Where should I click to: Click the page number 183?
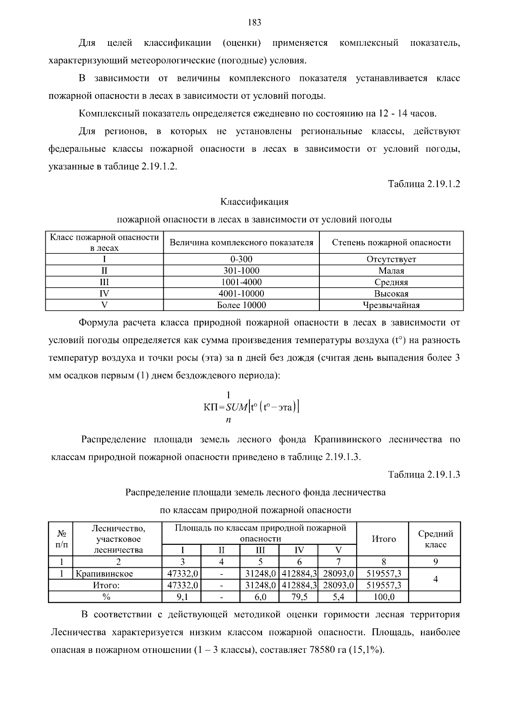254,23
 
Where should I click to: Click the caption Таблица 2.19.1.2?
424,184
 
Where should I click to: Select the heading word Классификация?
254,202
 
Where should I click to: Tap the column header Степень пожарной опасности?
391,242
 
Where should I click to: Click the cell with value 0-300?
241,259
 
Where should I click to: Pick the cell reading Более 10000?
241,305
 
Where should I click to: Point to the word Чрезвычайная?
391,305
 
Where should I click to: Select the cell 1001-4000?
241,282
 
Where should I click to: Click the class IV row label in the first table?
104,294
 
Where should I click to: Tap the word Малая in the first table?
391,271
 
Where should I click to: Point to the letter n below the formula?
228,420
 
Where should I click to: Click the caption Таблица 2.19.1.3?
424,475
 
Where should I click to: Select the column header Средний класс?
435,539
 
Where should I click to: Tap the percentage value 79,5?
299,597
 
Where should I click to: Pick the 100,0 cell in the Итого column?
383,597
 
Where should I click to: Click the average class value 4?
435,579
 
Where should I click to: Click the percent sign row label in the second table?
106,597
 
